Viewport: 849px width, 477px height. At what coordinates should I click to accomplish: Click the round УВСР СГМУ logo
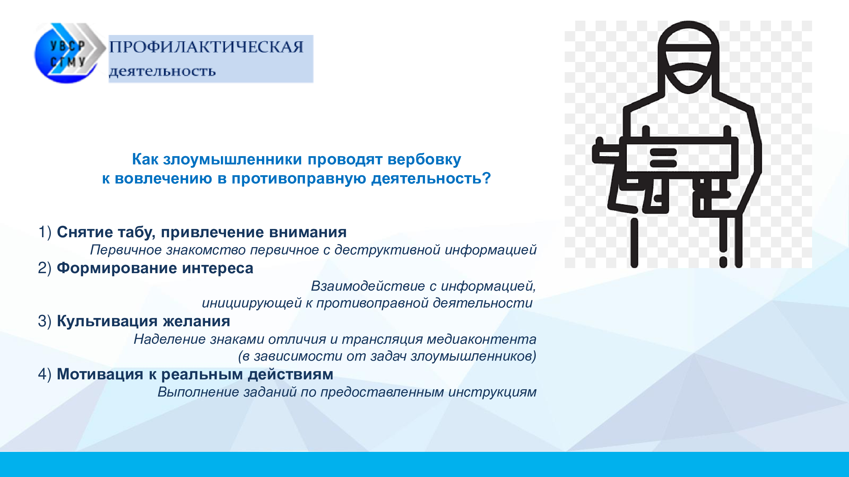(x=67, y=53)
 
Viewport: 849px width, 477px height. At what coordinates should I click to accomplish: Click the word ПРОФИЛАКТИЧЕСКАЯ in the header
(x=206, y=47)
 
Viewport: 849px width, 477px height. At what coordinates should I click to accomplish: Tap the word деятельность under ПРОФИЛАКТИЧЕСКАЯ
(x=162, y=71)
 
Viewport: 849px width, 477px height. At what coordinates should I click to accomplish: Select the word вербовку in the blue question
(x=424, y=160)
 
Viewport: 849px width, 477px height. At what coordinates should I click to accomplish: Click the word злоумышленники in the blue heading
(x=232, y=160)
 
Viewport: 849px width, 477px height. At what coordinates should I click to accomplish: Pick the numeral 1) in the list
(x=45, y=232)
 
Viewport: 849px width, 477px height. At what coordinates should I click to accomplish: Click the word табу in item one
(x=137, y=233)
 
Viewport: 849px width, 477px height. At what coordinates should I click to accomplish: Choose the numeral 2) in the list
(x=45, y=268)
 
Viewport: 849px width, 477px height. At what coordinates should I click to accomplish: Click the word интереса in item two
(x=217, y=268)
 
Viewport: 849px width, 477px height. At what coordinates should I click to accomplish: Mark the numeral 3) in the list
(x=45, y=321)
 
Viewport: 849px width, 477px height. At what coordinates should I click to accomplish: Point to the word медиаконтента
(x=482, y=339)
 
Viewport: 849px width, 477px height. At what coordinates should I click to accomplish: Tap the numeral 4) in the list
(x=45, y=374)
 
